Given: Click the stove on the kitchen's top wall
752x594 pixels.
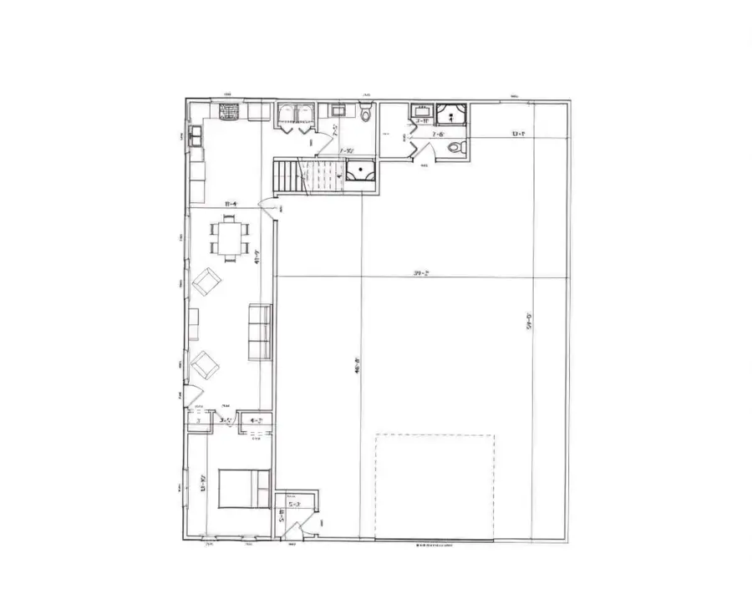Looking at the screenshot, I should point(231,111).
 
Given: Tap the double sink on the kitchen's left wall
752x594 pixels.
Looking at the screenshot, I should point(196,135).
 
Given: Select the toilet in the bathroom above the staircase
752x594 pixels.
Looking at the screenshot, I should point(365,114).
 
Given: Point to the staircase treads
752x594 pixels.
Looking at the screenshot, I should point(288,176).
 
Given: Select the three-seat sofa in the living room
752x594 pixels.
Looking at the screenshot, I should point(260,332).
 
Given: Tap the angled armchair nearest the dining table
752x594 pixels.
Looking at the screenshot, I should point(206,282).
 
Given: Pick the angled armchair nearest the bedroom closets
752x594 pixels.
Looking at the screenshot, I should point(204,365).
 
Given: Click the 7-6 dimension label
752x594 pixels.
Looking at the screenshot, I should point(438,134).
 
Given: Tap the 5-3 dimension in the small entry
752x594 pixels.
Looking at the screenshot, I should point(295,505).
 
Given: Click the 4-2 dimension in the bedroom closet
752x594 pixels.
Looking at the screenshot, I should point(256,421).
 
